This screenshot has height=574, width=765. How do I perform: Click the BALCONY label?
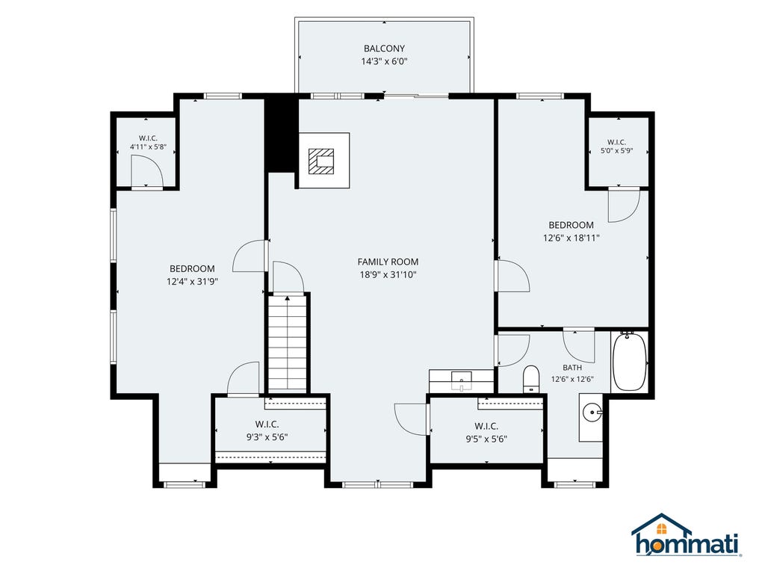coord(384,49)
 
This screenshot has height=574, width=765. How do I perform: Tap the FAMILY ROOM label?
coord(388,262)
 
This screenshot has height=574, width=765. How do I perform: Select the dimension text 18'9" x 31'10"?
coord(388,275)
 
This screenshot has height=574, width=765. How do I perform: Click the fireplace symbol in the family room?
coord(321,161)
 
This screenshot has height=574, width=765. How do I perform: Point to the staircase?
coord(288,343)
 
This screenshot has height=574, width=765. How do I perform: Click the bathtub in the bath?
coord(629,361)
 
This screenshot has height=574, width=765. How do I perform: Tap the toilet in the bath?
coord(531,379)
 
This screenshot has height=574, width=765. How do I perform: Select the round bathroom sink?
coord(592,413)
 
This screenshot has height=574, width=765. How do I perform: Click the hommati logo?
coord(687,535)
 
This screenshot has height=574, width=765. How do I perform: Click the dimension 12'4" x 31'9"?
coord(192,282)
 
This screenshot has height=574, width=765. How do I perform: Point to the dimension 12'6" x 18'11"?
coord(572,238)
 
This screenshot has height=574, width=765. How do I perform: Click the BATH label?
coord(572,368)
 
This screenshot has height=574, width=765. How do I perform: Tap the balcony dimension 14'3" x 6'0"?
coord(384,61)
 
